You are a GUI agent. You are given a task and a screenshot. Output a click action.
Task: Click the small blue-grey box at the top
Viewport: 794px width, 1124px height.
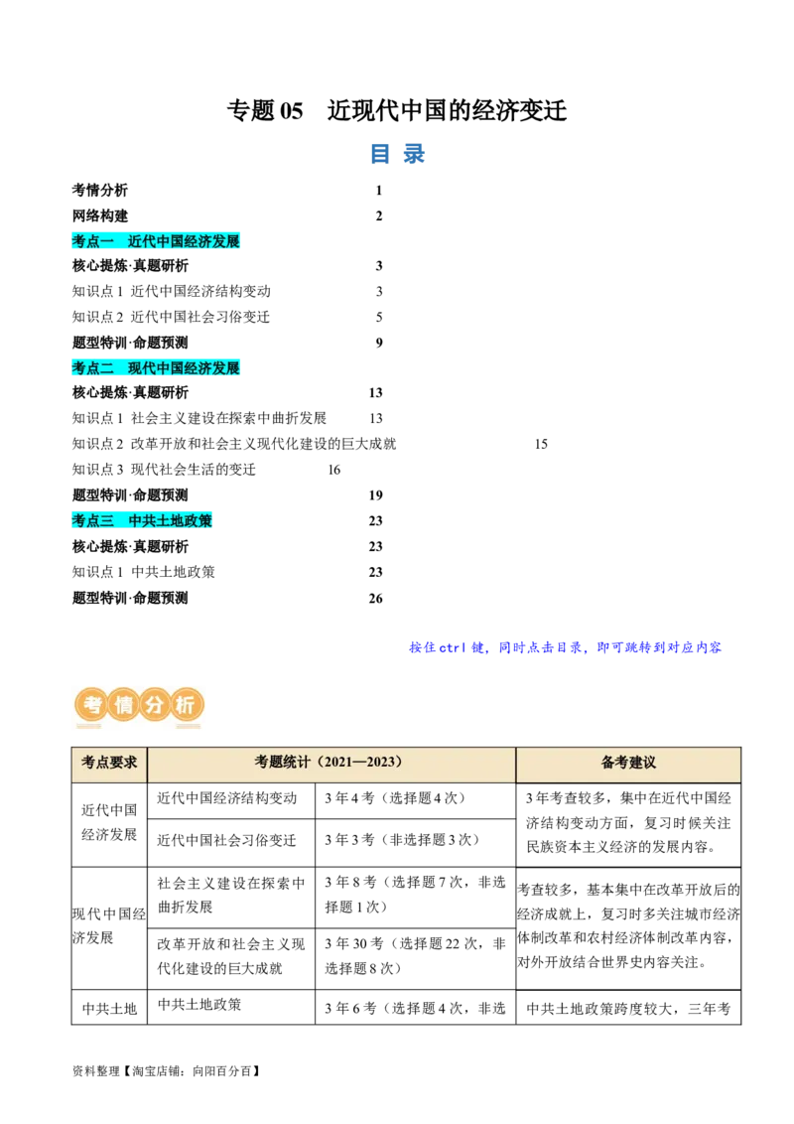397,155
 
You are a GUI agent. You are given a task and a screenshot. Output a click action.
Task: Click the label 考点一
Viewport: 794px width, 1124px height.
93,241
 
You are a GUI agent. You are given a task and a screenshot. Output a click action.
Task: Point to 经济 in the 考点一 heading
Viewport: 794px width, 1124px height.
198,241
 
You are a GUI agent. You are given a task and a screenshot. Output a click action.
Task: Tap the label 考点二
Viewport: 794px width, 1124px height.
93,368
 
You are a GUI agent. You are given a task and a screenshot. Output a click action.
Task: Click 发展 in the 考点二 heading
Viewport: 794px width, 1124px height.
226,368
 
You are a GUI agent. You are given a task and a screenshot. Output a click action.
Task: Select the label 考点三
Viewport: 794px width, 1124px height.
93,520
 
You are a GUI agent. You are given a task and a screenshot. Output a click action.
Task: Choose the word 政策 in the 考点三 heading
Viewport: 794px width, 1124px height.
198,520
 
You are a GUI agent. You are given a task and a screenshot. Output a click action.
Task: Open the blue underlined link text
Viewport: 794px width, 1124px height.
564,647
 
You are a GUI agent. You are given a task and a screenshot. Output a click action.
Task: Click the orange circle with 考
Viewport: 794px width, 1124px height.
92,706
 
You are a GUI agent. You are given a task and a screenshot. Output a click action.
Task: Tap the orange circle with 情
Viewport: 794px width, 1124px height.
123,706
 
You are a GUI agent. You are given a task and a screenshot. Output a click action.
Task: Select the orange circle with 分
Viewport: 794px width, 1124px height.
155,706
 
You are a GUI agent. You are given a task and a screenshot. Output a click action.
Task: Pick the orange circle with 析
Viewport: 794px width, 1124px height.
186,706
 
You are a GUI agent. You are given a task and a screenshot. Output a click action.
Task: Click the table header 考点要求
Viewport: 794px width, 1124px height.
109,763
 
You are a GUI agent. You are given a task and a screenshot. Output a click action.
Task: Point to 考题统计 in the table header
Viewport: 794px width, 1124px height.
283,763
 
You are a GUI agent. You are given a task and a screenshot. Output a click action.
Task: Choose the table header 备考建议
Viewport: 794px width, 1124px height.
628,763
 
